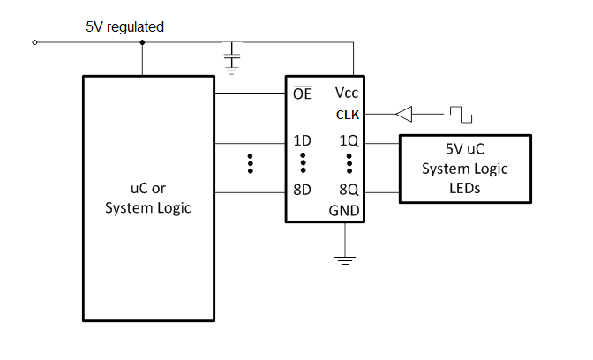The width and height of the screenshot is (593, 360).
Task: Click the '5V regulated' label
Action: coord(124,27)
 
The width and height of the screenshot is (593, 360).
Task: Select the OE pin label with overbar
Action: coord(301,93)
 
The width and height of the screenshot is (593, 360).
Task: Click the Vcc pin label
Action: coord(346,93)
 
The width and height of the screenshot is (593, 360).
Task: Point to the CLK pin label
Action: coord(347,114)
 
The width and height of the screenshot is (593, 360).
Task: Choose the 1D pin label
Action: coord(302,141)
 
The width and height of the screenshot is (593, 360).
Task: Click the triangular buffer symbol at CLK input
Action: coord(403,114)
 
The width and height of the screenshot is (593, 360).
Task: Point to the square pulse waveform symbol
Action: coord(460,114)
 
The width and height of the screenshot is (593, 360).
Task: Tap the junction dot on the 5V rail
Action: coord(143,41)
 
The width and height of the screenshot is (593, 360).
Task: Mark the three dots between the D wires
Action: coord(251,164)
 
